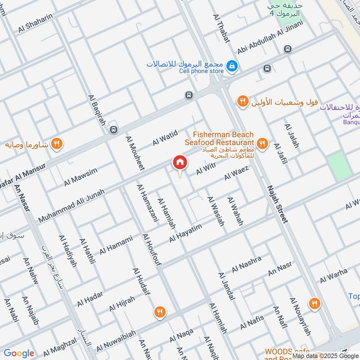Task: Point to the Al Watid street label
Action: tap(165, 137)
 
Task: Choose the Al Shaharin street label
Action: tap(36, 22)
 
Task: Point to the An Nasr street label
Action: tap(280, 269)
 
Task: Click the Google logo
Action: tap(19, 353)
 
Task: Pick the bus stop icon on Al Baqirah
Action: tap(113, 130)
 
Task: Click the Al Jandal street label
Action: tap(226, 286)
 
